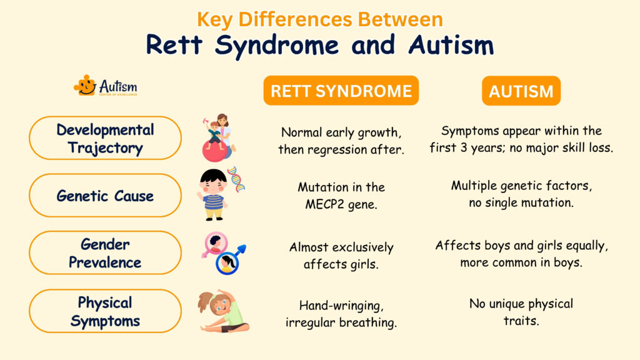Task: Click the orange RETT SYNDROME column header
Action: point(341,91)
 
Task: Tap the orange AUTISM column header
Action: point(521,91)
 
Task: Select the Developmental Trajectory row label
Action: point(105,139)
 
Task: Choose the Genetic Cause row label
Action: point(105,196)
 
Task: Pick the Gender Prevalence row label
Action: point(105,252)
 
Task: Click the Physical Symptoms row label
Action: point(105,311)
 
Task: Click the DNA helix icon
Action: point(236,179)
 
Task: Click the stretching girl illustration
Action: point(222,311)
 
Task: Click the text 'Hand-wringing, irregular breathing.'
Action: point(341,314)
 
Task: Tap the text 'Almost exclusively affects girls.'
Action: point(341,256)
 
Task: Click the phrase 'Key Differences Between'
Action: point(319,19)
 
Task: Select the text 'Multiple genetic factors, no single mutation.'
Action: point(521,194)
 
